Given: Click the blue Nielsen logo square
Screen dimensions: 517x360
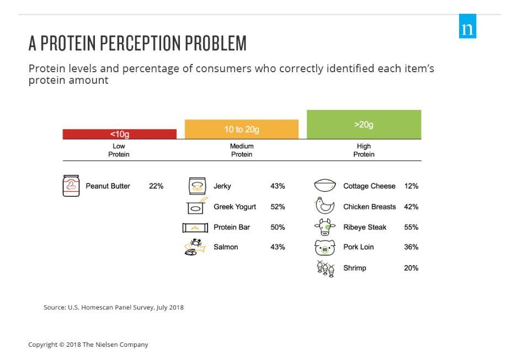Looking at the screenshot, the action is click(467, 26).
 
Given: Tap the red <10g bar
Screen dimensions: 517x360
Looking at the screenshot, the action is click(120, 134).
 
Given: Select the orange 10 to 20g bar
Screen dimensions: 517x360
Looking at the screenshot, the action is click(242, 129).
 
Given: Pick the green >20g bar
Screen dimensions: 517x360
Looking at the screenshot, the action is click(364, 125).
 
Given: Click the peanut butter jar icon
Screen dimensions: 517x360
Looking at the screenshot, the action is click(71, 186).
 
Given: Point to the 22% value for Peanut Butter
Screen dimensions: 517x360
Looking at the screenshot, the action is click(156, 186).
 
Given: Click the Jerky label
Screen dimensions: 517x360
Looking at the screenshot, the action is click(222, 186).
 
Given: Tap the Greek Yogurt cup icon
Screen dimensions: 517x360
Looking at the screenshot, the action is click(196, 206).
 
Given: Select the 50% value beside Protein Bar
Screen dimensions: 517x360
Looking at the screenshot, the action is click(278, 227).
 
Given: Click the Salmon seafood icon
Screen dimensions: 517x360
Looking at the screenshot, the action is click(195, 247).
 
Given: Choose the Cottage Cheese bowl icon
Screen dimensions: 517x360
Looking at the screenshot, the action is click(325, 185).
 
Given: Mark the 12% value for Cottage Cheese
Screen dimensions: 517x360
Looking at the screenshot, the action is click(411, 186).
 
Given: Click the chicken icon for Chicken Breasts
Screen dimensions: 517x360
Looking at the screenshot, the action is click(324, 206).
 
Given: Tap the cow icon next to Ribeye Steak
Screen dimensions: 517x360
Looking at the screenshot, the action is click(325, 227).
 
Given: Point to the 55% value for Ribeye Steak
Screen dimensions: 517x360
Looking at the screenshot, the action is click(411, 227).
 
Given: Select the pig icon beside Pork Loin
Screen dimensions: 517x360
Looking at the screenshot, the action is click(325, 248).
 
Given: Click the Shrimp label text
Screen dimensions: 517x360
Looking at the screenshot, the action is click(355, 268).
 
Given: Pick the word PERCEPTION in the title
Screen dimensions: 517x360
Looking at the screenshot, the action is click(141, 43).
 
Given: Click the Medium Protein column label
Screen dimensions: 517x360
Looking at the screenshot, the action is click(242, 150).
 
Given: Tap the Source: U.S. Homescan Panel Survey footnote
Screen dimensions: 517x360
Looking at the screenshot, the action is click(114, 307).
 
